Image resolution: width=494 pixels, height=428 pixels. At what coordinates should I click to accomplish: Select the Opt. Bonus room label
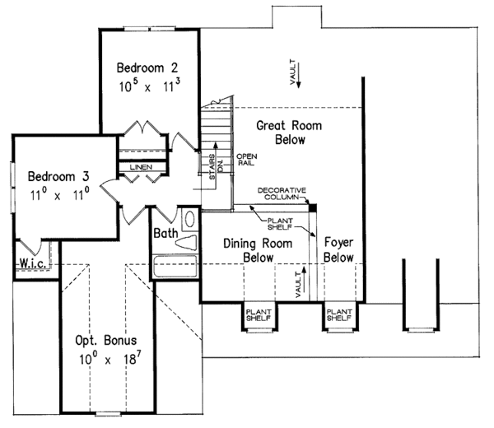(x=104, y=339)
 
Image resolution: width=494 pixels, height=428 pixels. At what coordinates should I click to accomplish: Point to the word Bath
(x=165, y=234)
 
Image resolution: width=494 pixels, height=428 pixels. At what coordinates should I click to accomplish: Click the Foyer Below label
(x=338, y=250)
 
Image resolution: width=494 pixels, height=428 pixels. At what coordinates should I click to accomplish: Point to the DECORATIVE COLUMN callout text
(x=281, y=195)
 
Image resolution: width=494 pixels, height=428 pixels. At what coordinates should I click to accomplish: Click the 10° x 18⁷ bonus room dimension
(x=104, y=360)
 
